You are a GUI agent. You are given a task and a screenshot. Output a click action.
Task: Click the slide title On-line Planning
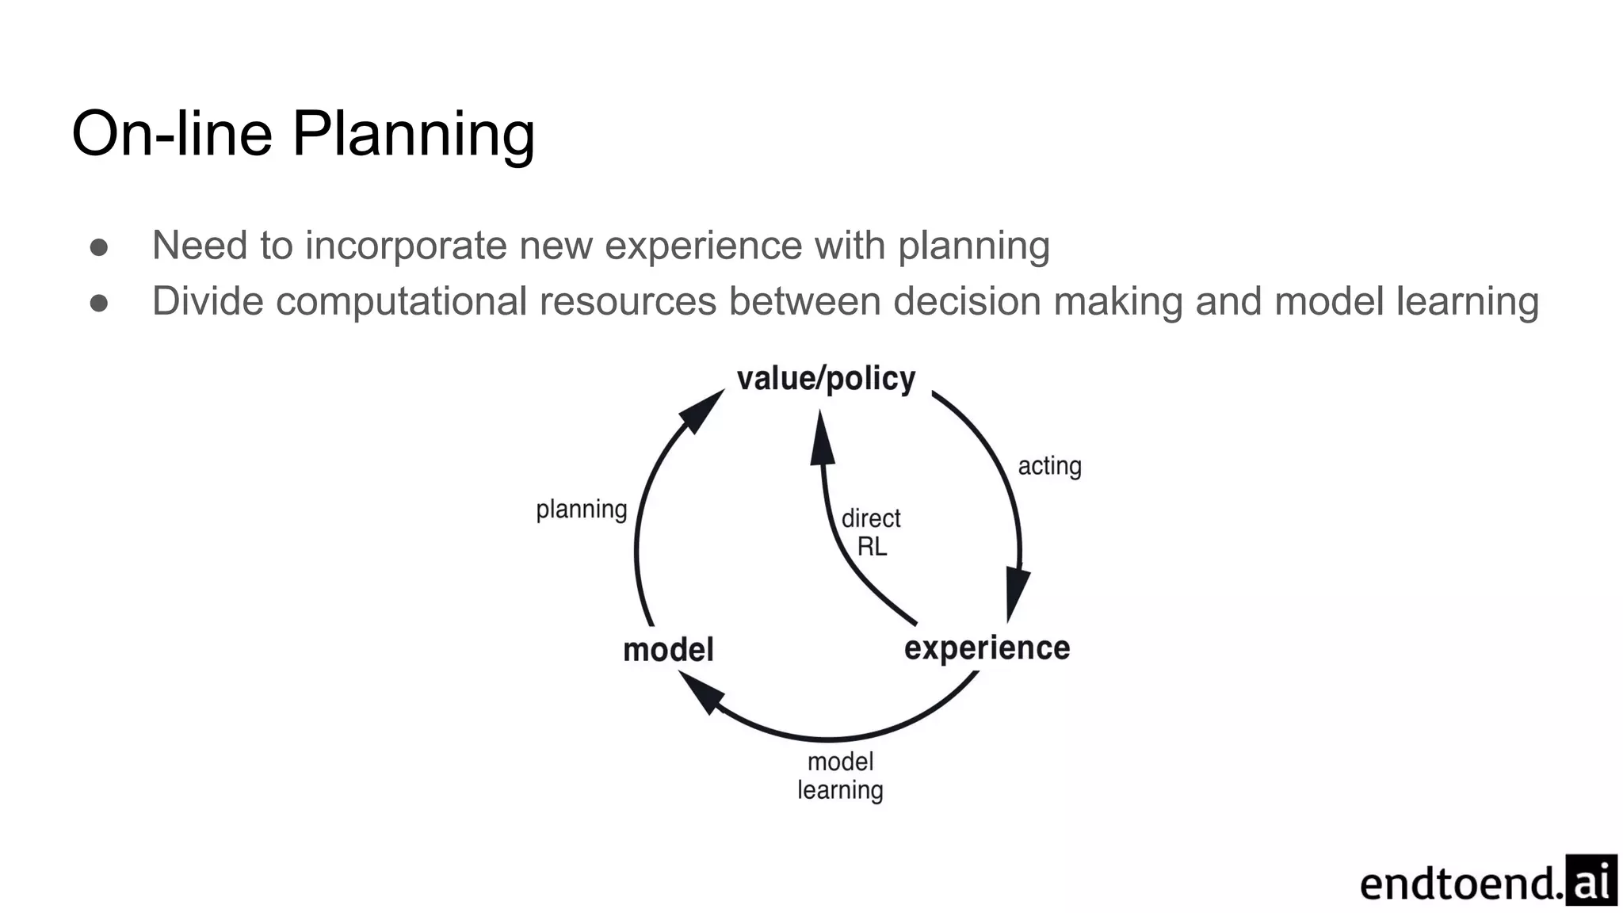303,133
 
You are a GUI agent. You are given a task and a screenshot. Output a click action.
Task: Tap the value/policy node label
826,379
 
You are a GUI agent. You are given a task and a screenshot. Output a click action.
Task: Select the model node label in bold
668,650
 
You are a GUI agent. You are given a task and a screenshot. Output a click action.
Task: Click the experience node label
987,648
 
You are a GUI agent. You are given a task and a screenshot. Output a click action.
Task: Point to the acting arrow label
1049,466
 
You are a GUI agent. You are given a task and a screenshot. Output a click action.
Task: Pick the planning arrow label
581,509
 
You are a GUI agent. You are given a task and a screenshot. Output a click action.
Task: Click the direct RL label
871,533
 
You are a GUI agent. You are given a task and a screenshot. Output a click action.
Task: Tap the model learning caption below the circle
840,776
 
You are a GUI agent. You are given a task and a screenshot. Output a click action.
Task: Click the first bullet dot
99,246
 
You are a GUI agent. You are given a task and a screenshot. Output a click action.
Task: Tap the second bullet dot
99,303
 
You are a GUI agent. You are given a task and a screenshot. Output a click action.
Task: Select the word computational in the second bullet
401,302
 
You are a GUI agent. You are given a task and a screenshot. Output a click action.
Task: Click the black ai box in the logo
1591,880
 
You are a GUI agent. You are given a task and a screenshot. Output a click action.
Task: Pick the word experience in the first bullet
703,246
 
